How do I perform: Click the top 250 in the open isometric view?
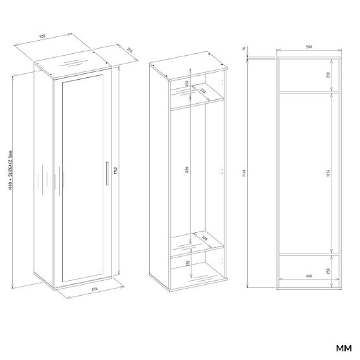point(187,82)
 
